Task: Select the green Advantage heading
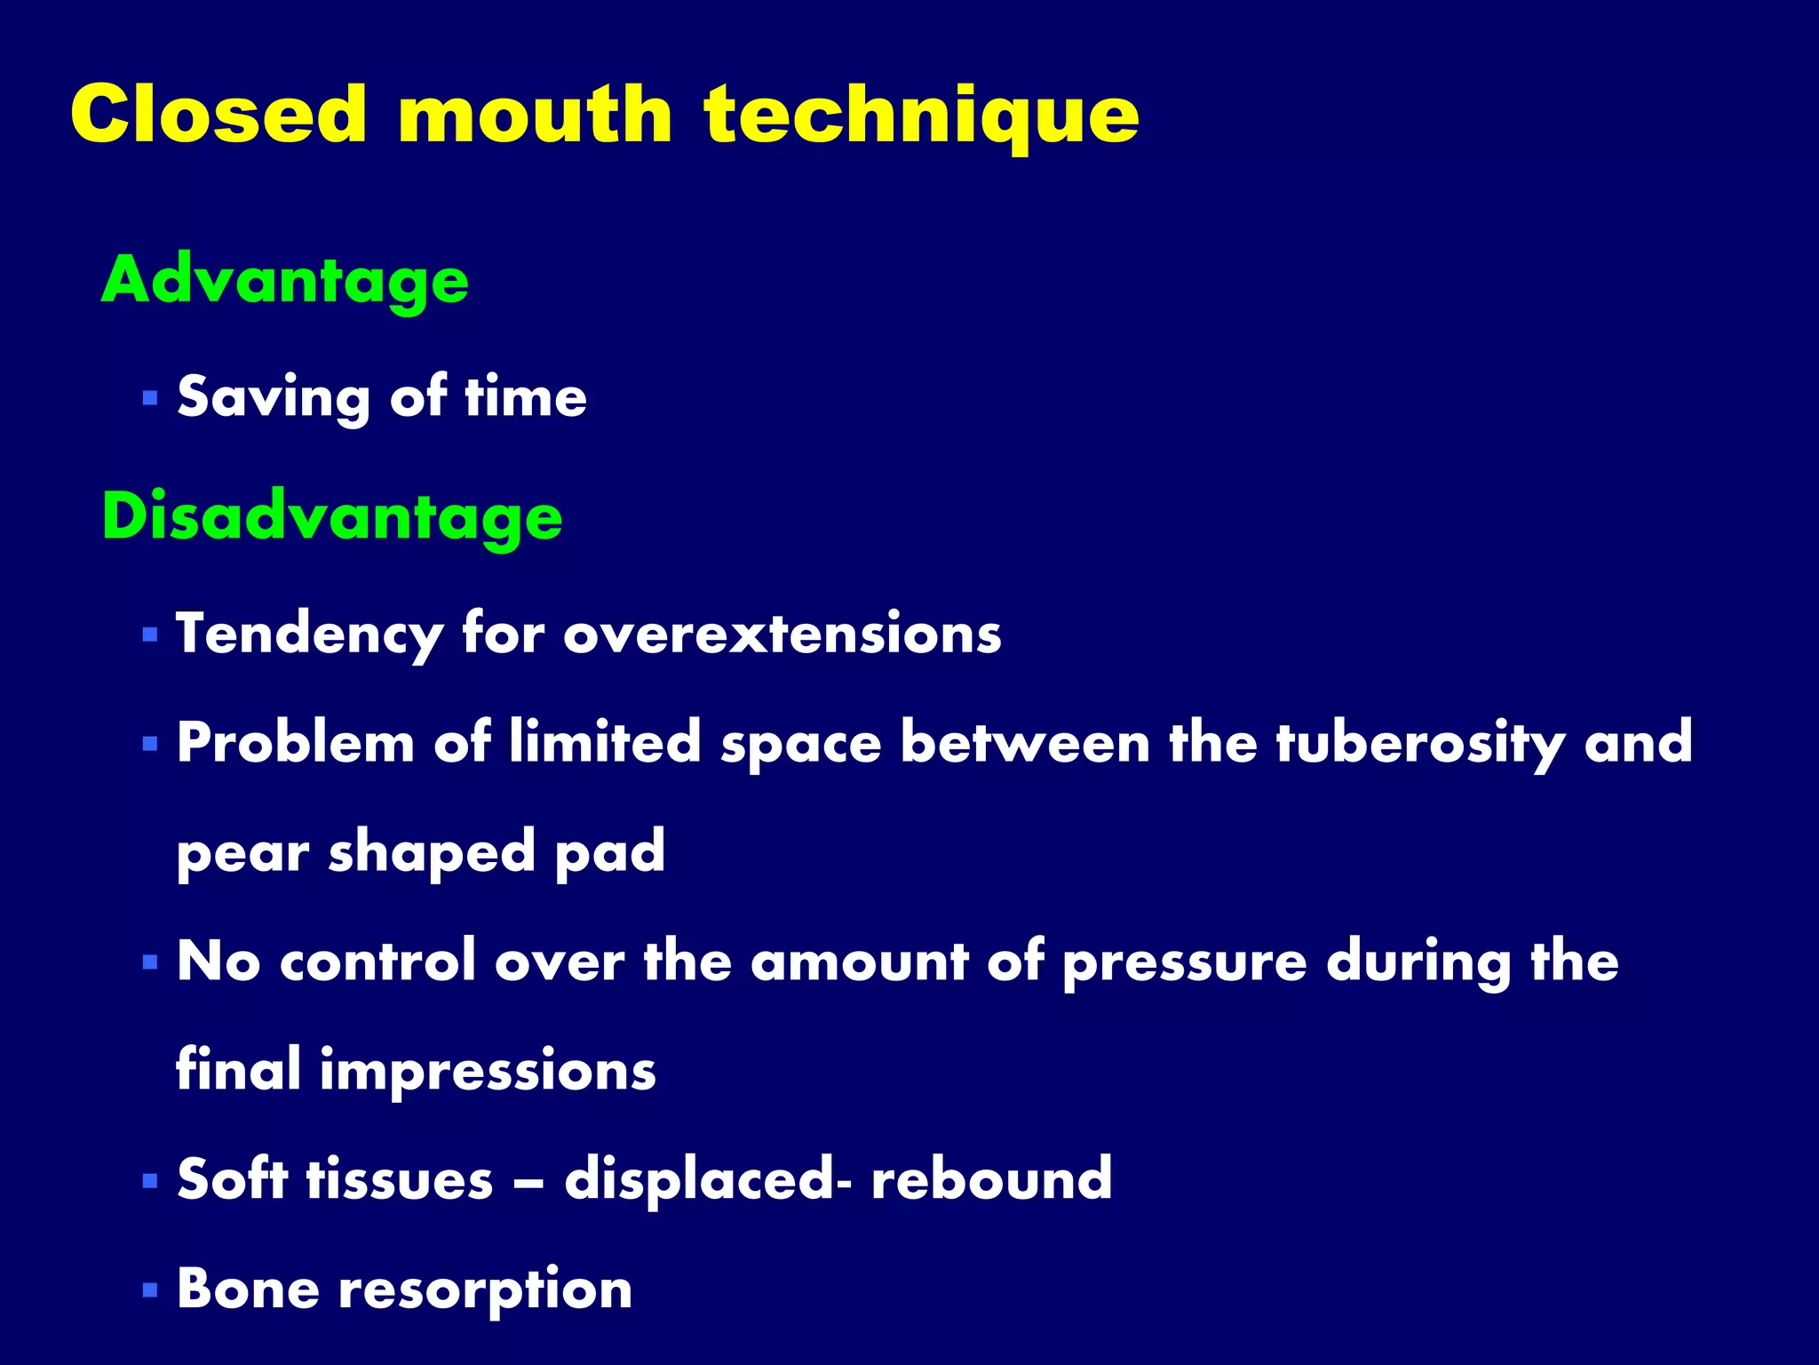(x=284, y=280)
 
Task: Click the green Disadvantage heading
(x=332, y=517)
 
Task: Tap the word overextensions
(x=782, y=635)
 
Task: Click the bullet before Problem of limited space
(x=149, y=743)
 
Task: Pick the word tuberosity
(x=1419, y=743)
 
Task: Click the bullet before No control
(x=149, y=962)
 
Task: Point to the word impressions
(x=488, y=1071)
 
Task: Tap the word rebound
(x=991, y=1179)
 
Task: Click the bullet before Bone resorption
(x=149, y=1289)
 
